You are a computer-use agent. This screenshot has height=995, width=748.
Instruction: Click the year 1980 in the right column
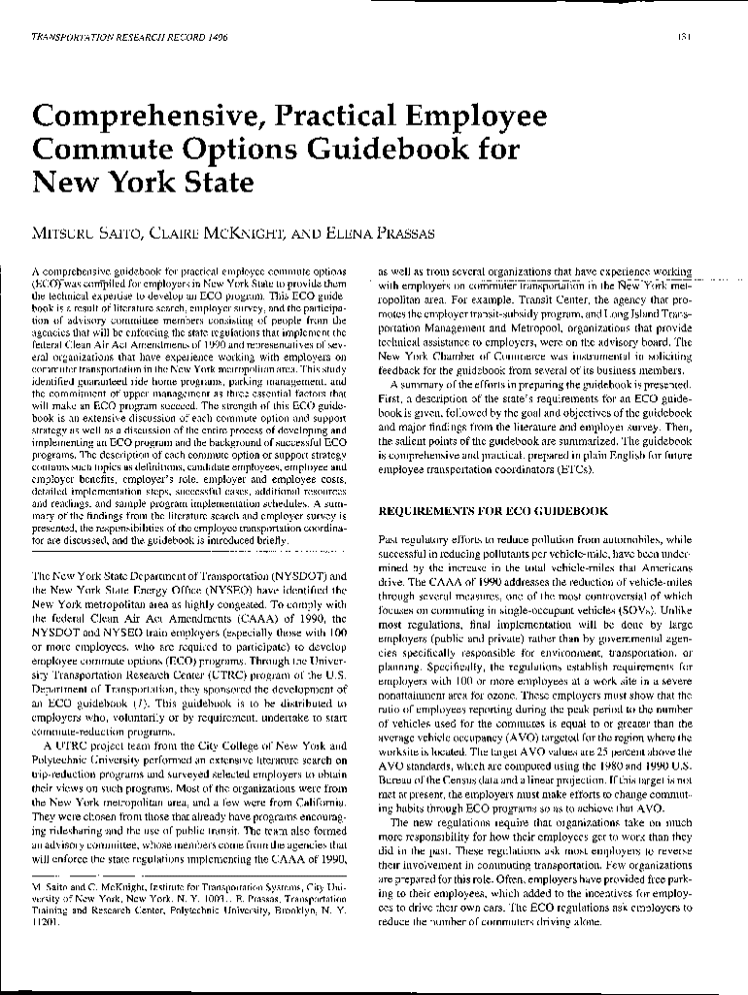(607, 766)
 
